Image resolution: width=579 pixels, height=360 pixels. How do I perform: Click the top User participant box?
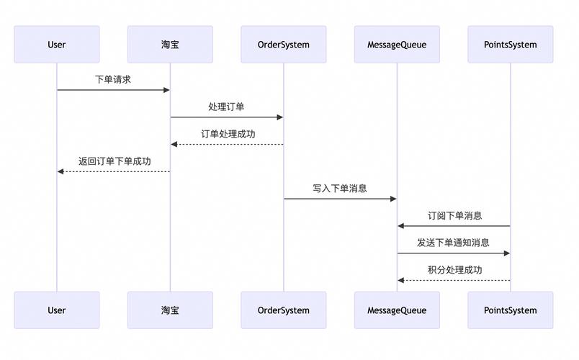(57, 45)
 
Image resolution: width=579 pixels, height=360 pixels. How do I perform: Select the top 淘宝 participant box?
(170, 45)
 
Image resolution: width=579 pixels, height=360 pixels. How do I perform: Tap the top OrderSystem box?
(283, 45)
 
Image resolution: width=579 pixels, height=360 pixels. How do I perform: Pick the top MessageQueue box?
(397, 45)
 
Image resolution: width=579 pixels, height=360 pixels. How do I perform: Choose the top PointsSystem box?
(511, 45)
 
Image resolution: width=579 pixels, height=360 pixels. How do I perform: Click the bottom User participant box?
(57, 310)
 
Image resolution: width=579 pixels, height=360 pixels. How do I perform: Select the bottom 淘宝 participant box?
(170, 310)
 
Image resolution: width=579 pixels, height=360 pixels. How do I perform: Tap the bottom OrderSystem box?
(283, 310)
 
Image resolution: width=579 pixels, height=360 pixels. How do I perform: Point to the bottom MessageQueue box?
(397, 310)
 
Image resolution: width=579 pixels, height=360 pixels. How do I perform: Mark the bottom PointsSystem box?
(511, 310)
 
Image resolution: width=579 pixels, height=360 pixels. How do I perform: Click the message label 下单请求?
(113, 79)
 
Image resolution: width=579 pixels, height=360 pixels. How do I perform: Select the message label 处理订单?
(226, 107)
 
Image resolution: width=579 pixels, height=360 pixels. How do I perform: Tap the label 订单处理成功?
(228, 134)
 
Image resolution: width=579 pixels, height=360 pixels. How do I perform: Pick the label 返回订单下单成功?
(115, 161)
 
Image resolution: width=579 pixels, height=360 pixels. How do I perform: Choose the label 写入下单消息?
(340, 189)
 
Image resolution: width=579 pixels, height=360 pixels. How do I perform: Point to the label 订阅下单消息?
(454, 215)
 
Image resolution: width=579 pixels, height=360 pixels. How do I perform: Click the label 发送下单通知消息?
(453, 243)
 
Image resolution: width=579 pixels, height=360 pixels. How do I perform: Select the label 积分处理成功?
(454, 270)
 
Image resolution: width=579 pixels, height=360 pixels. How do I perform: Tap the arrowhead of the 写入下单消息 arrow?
(393, 199)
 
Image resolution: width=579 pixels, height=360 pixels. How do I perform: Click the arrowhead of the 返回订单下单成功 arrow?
(61, 171)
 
